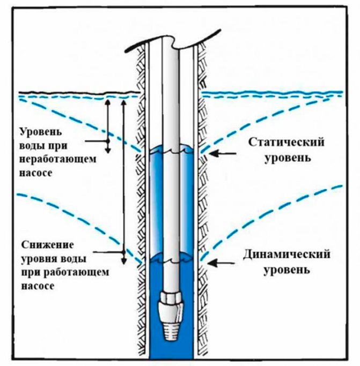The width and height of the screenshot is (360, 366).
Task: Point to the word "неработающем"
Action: pyautogui.click(x=51, y=159)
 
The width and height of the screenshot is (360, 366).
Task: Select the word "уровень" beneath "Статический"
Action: pyautogui.click(x=280, y=159)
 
